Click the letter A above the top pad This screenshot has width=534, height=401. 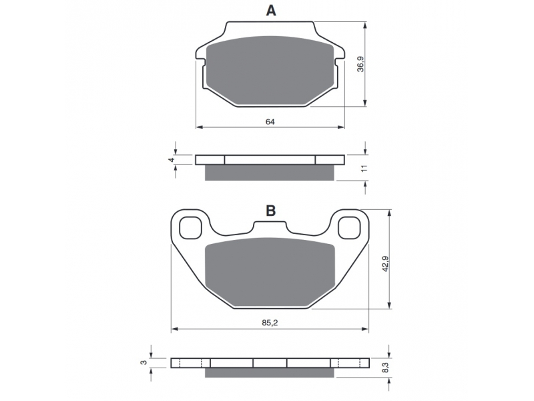271,11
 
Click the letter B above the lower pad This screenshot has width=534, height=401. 271,211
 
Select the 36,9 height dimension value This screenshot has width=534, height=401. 360,64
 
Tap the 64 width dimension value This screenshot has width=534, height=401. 270,122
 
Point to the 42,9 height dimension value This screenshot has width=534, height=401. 385,263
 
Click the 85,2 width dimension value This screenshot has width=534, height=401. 270,322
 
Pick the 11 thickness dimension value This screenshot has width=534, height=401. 364,168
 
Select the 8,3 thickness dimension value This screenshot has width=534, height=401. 385,368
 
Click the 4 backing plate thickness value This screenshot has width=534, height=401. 172,160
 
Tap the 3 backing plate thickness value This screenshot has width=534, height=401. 144,362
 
